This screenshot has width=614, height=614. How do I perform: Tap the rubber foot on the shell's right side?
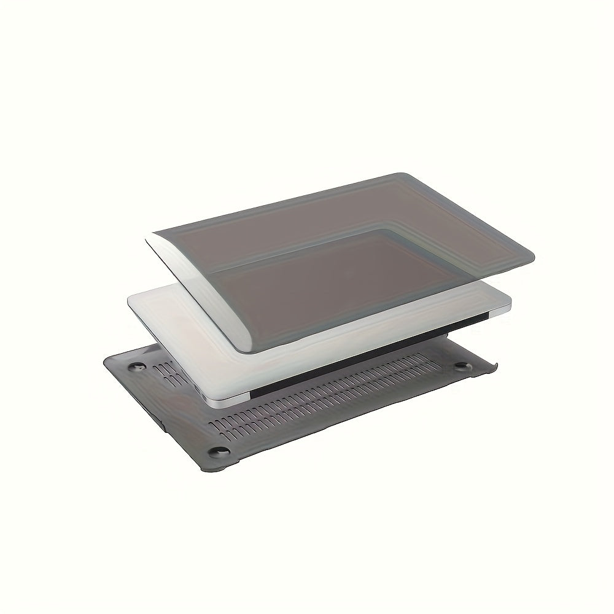[459, 367]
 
